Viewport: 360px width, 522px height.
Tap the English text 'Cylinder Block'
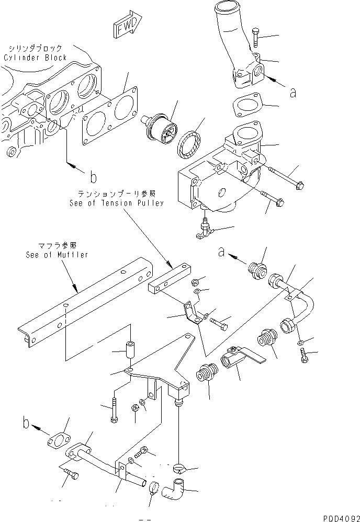point(35,58)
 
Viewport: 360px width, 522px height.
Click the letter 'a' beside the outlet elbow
point(293,93)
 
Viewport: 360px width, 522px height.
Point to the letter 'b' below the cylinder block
point(93,177)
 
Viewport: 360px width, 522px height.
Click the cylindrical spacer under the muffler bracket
point(129,350)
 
